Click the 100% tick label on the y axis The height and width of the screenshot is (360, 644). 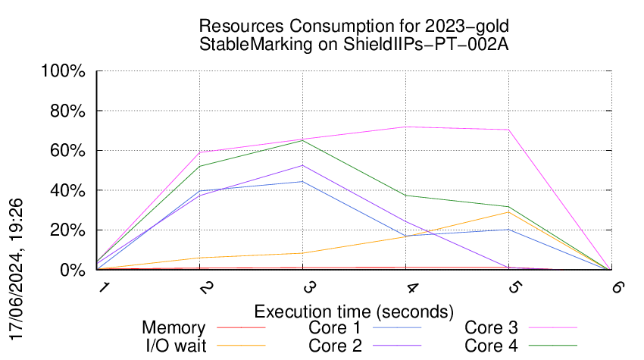coord(63,71)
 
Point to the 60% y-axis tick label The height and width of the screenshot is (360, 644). coord(67,151)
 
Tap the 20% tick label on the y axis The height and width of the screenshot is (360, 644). coord(67,230)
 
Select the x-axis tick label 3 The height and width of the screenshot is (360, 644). coord(309,286)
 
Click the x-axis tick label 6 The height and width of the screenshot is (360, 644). coord(617,286)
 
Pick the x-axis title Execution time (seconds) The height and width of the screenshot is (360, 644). coord(354,311)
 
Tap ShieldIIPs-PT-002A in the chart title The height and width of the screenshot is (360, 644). coord(426,44)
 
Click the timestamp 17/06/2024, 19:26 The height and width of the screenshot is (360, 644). coord(16,270)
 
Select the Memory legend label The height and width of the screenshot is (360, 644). coord(174,327)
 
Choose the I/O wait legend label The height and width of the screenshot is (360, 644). coord(177,345)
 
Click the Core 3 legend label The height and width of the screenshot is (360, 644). coord(491,327)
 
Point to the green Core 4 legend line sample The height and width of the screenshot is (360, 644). coord(553,345)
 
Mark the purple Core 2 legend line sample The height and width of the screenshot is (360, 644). coord(397,345)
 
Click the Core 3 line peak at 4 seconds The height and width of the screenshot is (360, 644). coord(406,127)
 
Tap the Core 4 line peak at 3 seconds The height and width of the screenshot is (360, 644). coord(303,140)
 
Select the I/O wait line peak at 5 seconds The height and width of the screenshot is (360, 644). coord(509,212)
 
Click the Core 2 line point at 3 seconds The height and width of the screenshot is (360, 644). coord(303,165)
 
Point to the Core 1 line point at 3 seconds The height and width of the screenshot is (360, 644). coord(303,181)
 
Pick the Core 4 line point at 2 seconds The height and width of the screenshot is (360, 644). coord(199,167)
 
